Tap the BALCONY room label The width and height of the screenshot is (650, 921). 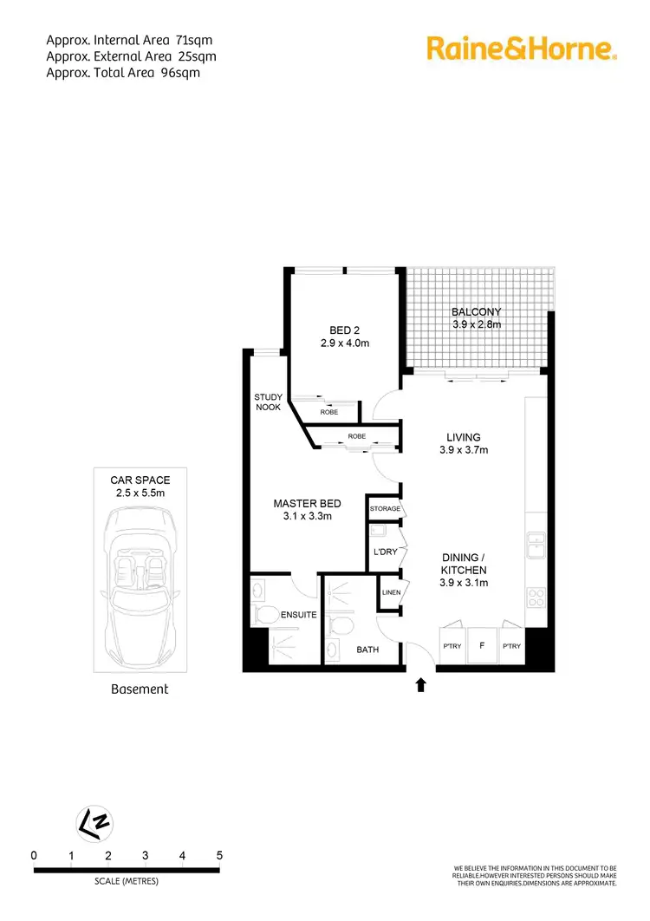point(476,312)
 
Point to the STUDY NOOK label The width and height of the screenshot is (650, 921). point(267,402)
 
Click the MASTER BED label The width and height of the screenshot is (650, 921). point(307,504)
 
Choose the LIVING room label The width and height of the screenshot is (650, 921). point(464,438)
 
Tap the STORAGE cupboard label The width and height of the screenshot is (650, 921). point(385,509)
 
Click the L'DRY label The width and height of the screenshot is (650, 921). point(384,552)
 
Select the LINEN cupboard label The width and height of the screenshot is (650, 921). point(391,592)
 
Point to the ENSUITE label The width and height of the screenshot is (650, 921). point(299,615)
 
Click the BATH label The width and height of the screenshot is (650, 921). point(368,649)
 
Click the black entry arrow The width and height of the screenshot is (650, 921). point(421,685)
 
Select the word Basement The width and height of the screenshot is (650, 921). point(140,689)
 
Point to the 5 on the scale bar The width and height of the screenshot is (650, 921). point(219,855)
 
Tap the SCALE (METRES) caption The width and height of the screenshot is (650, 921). point(127,881)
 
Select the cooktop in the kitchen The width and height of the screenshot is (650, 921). point(536,598)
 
